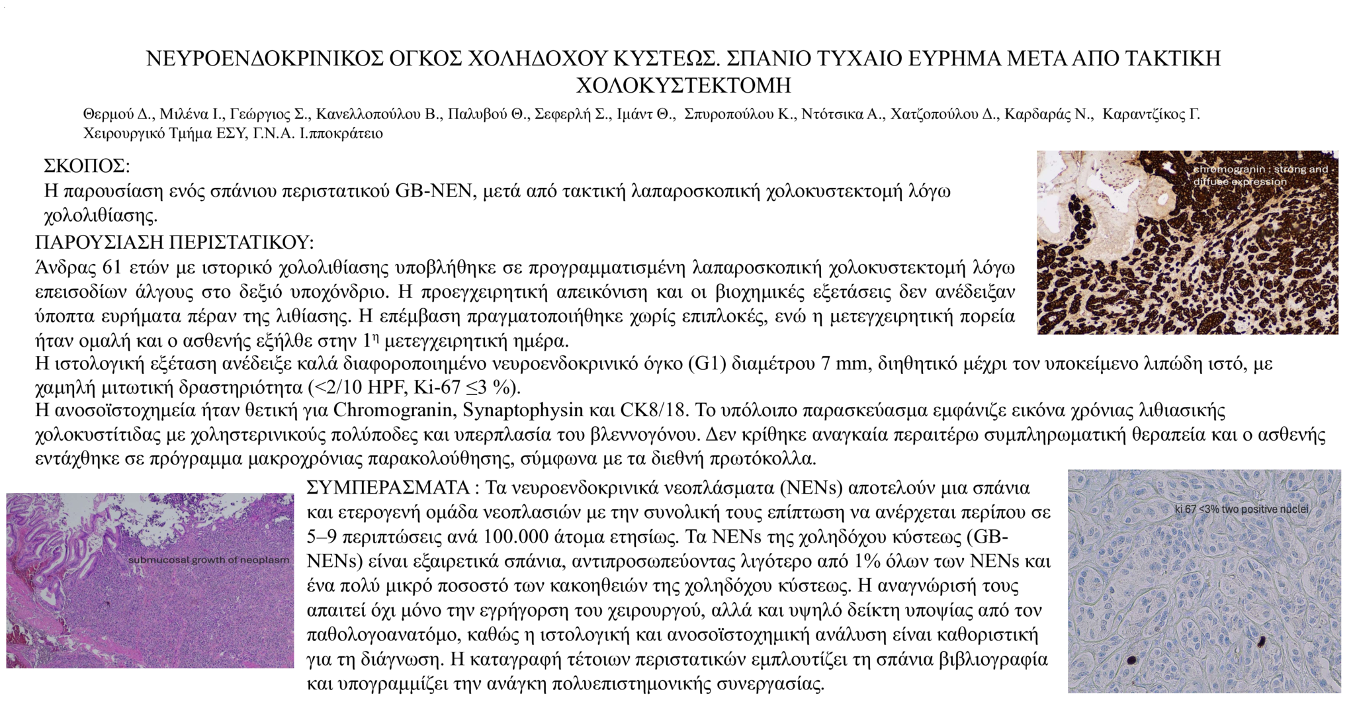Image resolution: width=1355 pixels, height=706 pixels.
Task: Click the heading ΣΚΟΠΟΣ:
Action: point(87,165)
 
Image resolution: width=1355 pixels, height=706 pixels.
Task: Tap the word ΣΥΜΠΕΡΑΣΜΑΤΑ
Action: point(388,488)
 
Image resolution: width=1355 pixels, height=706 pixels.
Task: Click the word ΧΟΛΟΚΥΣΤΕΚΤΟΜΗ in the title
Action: point(683,85)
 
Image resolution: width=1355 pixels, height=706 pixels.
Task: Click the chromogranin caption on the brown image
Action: point(1260,175)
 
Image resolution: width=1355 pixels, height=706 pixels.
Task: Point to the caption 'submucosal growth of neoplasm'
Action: point(209,560)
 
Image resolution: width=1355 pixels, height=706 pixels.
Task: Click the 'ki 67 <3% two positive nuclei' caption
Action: point(1241,509)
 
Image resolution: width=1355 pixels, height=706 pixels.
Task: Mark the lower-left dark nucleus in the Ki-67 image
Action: point(1131,660)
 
